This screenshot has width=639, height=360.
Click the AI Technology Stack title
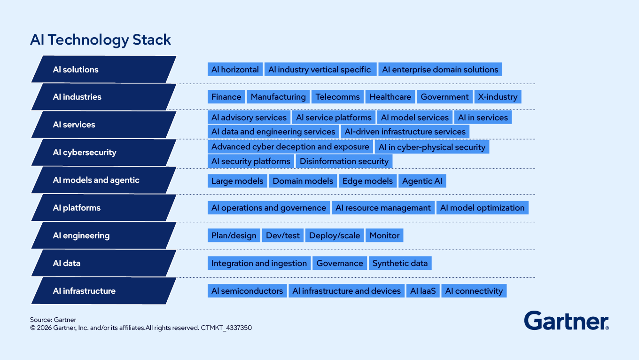(101, 39)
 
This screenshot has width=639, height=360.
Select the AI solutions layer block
(104, 69)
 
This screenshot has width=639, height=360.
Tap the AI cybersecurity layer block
(104, 152)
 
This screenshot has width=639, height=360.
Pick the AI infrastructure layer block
(104, 291)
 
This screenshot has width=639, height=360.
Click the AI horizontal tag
(235, 69)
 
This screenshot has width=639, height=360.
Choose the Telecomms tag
(337, 97)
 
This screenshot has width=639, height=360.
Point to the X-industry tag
(498, 97)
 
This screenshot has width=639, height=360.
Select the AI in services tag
(483, 117)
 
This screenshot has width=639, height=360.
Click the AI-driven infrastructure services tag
(405, 132)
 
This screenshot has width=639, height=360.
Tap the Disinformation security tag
(344, 161)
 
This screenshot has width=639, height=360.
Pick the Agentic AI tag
(422, 181)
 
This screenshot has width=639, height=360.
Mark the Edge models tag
(368, 181)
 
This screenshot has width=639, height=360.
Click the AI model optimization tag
(483, 208)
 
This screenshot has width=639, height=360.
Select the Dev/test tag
(283, 235)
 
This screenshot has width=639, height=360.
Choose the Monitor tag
(384, 235)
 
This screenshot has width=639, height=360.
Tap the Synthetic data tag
(400, 263)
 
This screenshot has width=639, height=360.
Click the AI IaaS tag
(423, 291)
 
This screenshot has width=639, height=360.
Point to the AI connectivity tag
(474, 291)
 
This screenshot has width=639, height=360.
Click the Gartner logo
(567, 321)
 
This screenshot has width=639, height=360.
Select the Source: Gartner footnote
(53, 320)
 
